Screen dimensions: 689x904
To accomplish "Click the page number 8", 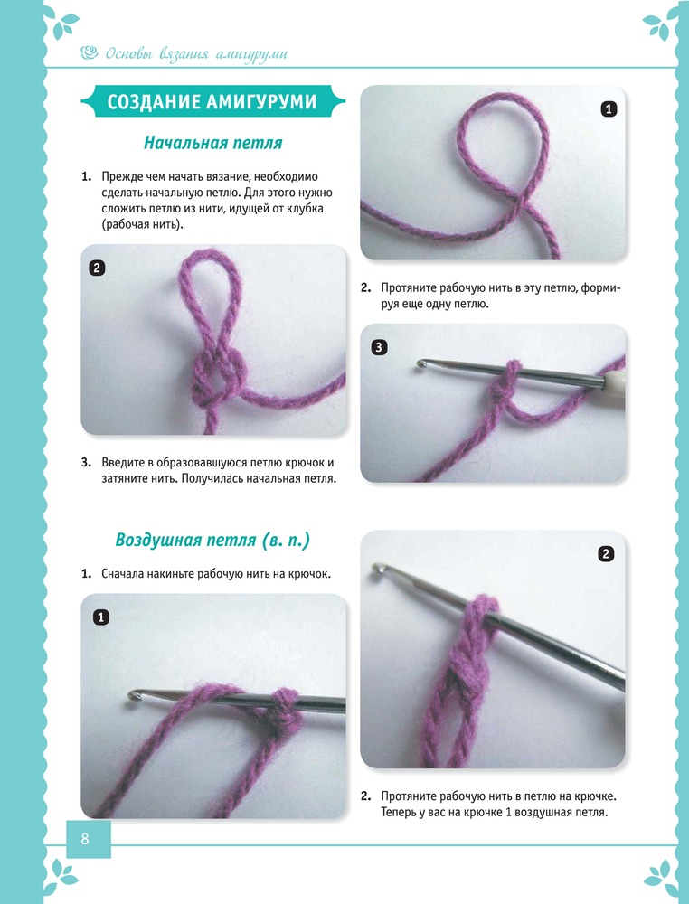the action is click(x=85, y=838).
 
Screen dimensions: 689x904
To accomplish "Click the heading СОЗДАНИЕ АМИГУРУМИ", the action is click(x=212, y=102).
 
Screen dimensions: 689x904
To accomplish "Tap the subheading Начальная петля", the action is click(x=212, y=143).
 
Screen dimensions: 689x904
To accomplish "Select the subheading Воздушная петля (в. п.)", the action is click(x=212, y=541).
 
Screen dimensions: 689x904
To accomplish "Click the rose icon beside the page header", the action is click(x=90, y=53).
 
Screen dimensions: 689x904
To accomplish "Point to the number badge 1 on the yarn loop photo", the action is click(x=609, y=109).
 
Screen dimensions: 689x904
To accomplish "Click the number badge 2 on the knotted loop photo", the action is click(x=96, y=268).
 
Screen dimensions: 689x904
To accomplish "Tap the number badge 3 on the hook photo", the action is click(x=378, y=347).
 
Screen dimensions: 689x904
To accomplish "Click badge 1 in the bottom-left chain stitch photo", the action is click(x=101, y=617).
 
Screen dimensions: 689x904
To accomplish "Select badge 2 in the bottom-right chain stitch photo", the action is click(x=606, y=554).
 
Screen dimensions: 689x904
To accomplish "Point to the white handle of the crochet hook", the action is click(x=616, y=382).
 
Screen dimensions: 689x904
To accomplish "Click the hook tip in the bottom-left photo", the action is click(x=133, y=695).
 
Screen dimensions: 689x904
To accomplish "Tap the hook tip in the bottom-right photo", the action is click(x=378, y=569).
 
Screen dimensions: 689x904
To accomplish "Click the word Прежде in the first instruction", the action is click(x=118, y=177).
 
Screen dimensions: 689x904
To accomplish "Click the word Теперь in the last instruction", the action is click(x=399, y=813).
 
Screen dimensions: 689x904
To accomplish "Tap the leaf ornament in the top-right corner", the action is click(x=661, y=24).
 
